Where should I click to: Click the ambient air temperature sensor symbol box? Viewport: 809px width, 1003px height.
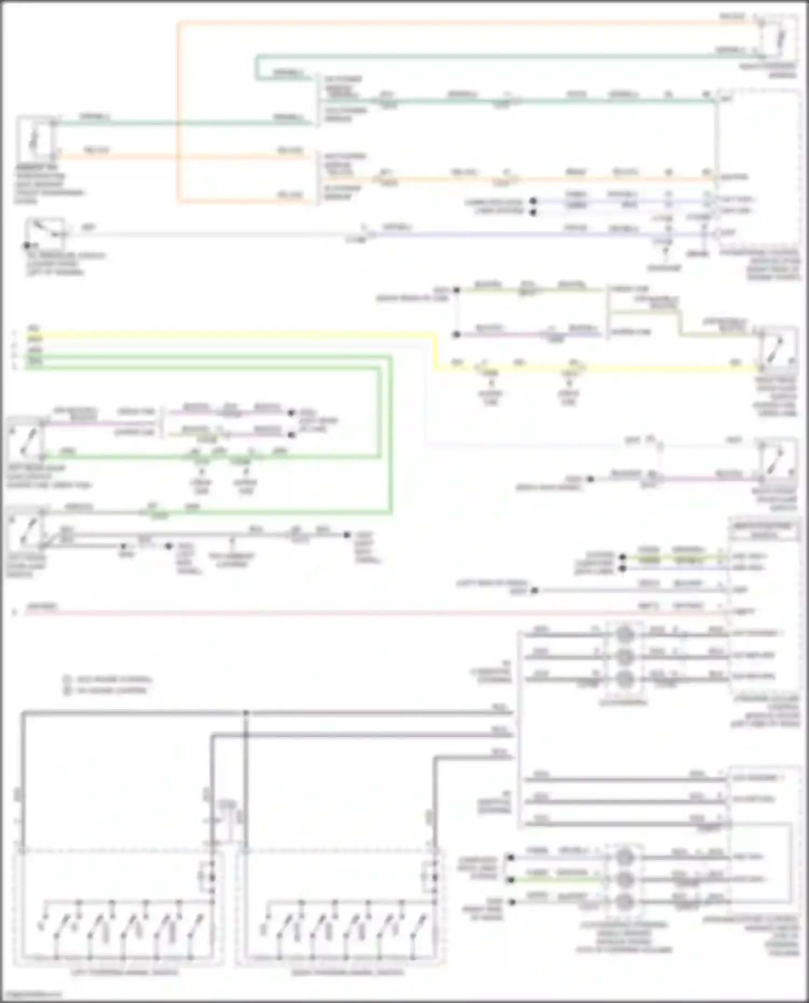pos(35,137)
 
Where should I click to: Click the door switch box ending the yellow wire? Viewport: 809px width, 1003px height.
pos(777,349)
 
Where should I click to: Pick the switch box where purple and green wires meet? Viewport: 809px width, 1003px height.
pos(25,438)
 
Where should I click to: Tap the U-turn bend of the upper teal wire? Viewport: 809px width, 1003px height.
pos(257,67)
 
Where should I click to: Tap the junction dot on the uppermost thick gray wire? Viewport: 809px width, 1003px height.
pos(246,713)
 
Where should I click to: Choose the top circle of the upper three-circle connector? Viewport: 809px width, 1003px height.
pos(625,634)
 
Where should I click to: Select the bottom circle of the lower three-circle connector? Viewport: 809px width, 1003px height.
pos(624,901)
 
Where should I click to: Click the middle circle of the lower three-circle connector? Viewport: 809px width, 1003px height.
pos(624,879)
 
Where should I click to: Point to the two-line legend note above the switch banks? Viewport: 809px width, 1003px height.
pos(108,684)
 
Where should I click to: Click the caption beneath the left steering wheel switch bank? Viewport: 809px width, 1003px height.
pos(125,972)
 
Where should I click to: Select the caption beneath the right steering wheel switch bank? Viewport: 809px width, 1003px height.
pos(348,972)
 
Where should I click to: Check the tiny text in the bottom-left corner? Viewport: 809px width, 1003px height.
pos(31,994)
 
